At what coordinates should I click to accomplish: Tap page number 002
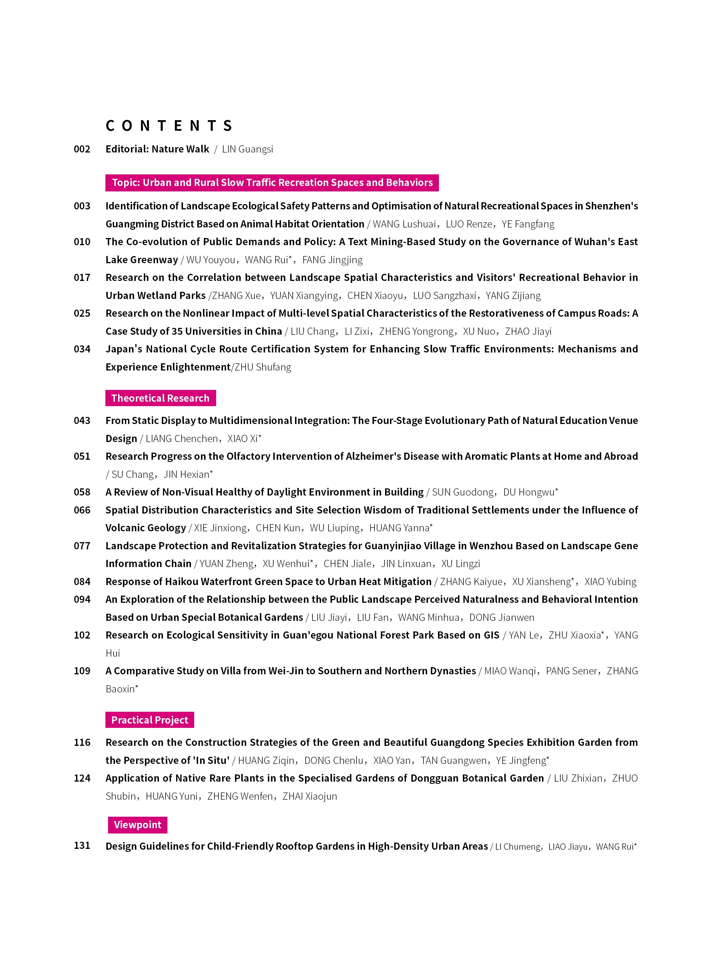[82, 149]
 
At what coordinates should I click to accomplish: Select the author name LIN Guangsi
[247, 149]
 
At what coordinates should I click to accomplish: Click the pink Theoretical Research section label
[160, 398]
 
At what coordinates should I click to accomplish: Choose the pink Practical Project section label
[150, 720]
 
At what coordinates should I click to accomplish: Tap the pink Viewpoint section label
[137, 825]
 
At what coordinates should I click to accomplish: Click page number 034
[82, 349]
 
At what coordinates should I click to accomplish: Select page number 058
[82, 492]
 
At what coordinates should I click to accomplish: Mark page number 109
[82, 671]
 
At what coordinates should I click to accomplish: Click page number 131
[82, 845]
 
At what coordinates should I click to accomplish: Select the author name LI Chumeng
[518, 847]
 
